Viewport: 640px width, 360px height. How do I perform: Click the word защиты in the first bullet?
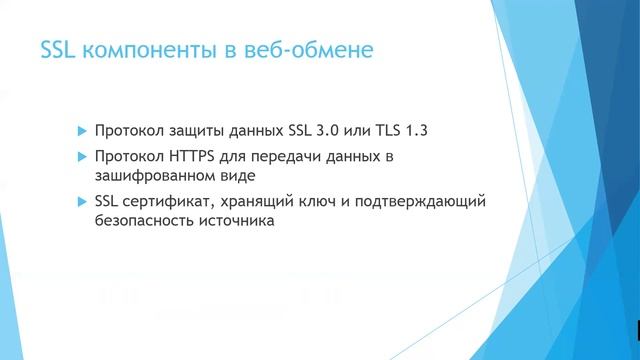click(198, 131)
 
